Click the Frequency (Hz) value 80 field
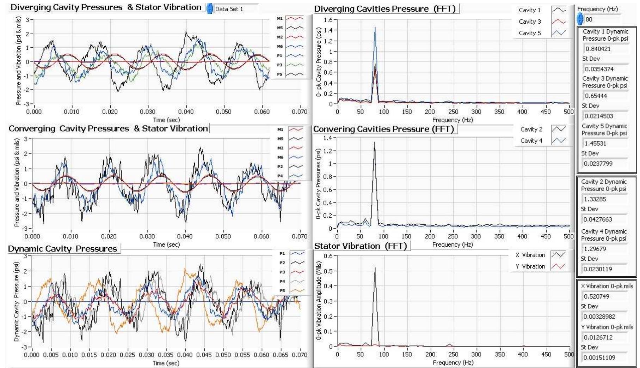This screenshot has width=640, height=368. click(x=599, y=19)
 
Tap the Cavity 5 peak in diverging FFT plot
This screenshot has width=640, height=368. click(x=375, y=28)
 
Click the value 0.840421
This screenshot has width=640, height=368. click(x=598, y=49)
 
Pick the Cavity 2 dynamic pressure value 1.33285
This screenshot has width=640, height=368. click(x=595, y=199)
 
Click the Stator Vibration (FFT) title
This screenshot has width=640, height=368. click(x=361, y=246)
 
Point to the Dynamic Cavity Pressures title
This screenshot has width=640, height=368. click(x=62, y=249)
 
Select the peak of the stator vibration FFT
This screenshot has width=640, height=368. click(x=375, y=268)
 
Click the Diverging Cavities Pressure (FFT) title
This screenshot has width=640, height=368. click(x=386, y=9)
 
